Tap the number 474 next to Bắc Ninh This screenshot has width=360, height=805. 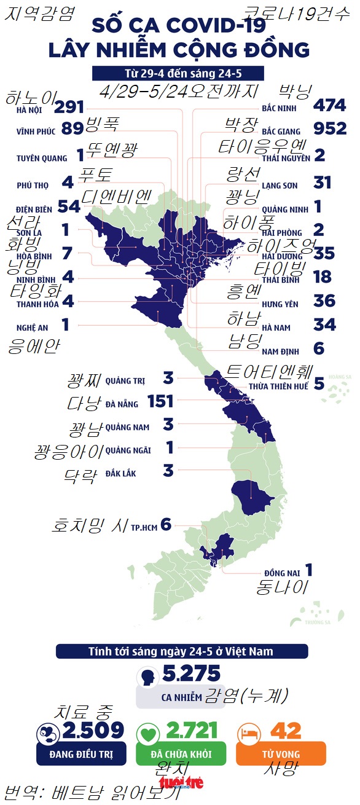(329, 106)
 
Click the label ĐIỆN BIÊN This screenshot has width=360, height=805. (34, 208)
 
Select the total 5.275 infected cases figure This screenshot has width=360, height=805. (191, 674)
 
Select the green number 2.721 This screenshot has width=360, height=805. (192, 731)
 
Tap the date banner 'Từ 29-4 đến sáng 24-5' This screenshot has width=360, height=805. (178, 74)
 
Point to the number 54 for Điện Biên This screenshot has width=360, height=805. (69, 207)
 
